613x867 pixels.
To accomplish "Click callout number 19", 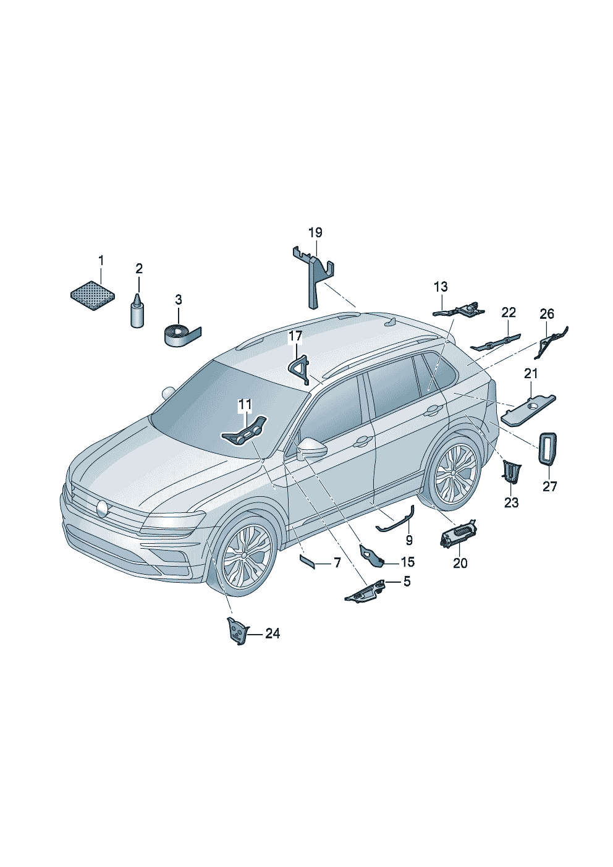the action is (315, 232).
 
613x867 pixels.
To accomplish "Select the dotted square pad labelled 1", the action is (93, 295).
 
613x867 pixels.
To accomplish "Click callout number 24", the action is (273, 633).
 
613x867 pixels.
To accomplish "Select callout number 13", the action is (441, 287).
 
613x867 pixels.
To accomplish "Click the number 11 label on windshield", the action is (245, 405).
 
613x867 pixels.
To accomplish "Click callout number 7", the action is (337, 562).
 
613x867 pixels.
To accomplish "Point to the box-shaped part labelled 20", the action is (459, 532).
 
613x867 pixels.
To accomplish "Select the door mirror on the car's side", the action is (311, 447).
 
